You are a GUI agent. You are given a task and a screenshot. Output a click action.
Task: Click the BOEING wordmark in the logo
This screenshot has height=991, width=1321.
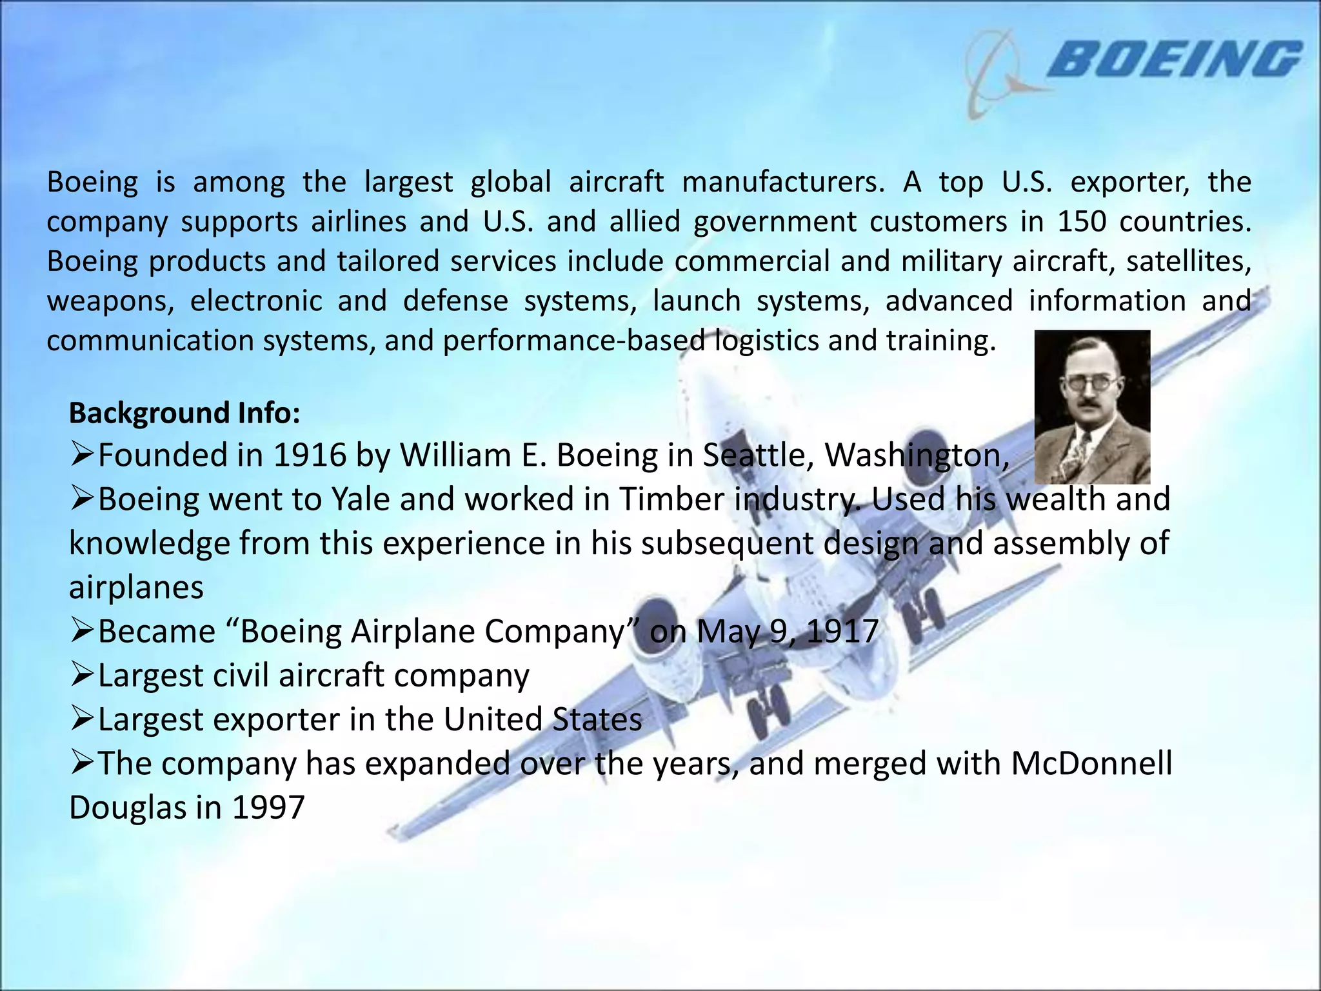[1174, 59]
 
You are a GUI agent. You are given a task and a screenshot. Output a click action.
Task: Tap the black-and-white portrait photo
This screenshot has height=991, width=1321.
[1092, 406]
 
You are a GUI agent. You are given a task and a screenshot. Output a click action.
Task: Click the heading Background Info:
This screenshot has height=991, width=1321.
[184, 413]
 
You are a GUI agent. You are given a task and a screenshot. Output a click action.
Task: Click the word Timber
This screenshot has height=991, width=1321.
[671, 499]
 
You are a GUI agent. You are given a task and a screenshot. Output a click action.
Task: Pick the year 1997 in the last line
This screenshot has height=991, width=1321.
[268, 807]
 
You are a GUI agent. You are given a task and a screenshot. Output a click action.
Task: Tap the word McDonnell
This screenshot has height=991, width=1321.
[1091, 763]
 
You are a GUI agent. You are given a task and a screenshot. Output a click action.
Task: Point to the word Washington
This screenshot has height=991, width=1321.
[917, 455]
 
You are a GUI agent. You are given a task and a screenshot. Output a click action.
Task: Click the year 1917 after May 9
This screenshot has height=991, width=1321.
[842, 631]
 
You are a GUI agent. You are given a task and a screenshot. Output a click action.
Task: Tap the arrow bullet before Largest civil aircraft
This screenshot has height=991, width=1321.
[83, 676]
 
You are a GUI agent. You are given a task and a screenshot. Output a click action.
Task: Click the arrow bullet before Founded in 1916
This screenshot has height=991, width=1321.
[83, 455]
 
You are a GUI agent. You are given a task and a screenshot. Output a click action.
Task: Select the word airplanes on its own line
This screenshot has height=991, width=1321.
[136, 587]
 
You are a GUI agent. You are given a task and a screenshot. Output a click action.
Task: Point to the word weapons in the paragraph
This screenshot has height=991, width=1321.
[110, 301]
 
